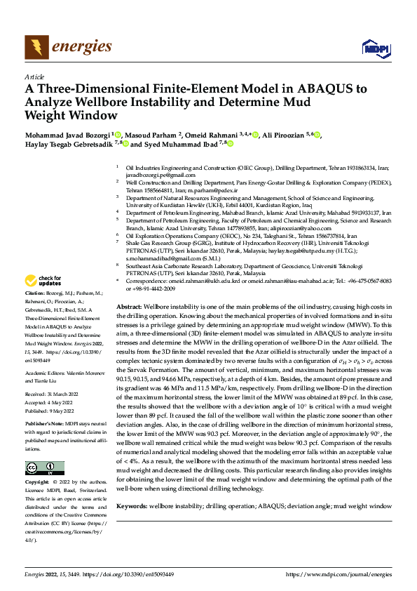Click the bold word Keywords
(x=132, y=505)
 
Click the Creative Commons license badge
(x=44, y=468)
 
